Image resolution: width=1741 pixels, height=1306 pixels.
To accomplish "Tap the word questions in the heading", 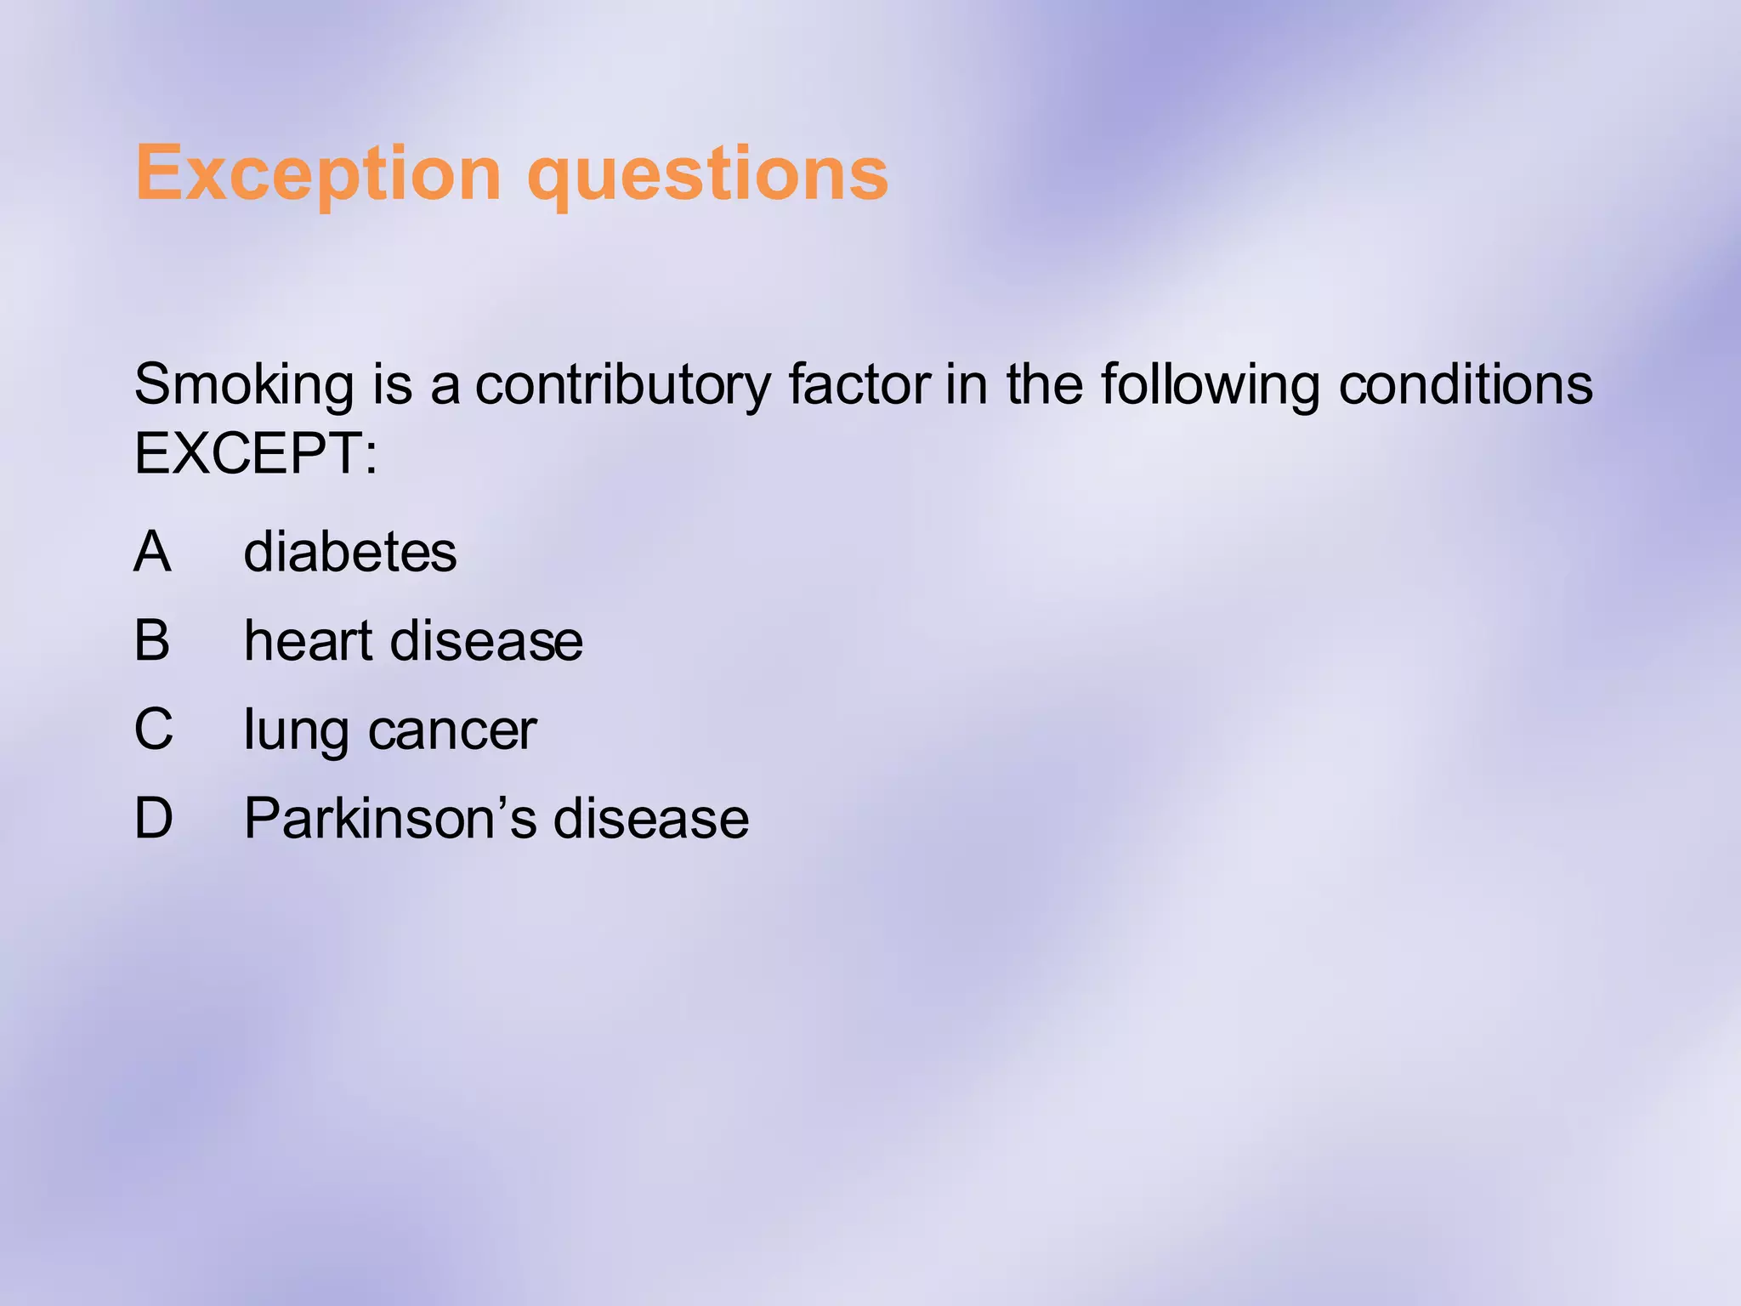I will pos(707,175).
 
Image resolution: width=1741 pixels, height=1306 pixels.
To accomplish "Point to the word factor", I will pos(858,384).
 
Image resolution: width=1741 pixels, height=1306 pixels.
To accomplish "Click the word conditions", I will pos(1465,384).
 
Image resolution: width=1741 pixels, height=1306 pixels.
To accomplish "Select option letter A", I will pos(153,551).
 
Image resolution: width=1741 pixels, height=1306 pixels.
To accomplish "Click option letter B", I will pos(152,639).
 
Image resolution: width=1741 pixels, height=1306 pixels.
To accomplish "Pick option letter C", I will pos(154,729).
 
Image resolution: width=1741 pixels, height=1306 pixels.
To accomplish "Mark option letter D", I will pos(154,818).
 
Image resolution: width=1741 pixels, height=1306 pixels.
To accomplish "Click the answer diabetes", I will pos(349,552).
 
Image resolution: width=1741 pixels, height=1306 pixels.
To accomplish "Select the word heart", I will pos(308,639).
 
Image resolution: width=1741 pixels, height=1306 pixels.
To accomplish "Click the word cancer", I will pos(452,730).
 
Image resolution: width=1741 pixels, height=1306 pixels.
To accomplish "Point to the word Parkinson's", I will pos(389,818).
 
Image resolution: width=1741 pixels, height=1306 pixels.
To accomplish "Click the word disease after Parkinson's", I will pos(651,818).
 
